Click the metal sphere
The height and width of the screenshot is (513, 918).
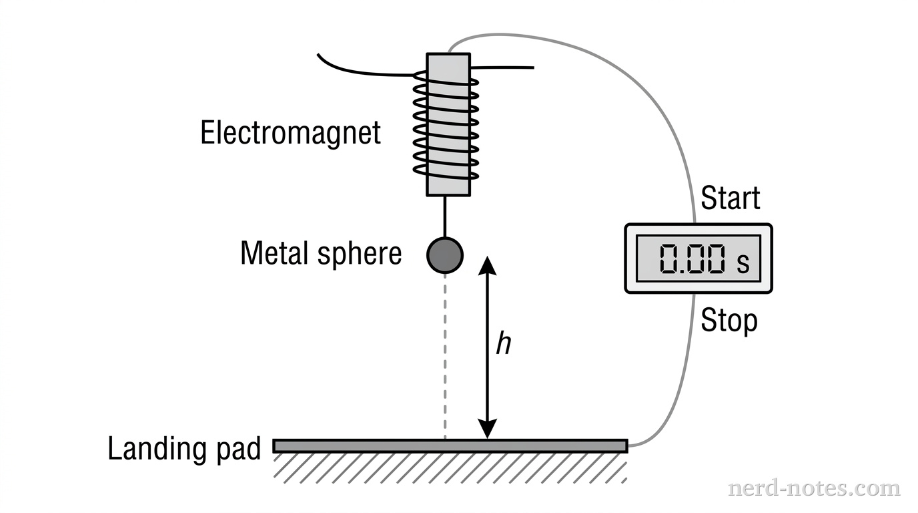pos(445,255)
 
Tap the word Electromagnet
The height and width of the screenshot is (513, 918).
pos(291,132)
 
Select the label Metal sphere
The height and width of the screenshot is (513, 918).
pos(321,254)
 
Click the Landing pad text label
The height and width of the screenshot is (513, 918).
pos(184,449)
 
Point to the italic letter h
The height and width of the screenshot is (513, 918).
pos(504,344)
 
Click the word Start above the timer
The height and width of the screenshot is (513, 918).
pos(731,198)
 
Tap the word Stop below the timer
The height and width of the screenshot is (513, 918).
pos(729,321)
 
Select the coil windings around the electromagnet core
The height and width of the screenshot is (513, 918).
pos(446,127)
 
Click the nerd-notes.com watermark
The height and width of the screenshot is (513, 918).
pos(813,488)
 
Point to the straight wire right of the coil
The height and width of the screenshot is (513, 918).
pos(504,67)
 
